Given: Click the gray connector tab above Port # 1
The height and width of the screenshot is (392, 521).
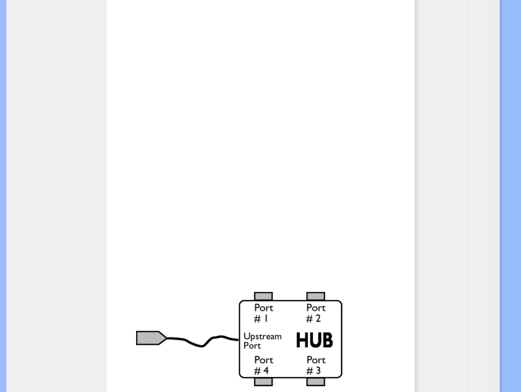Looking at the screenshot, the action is click(x=263, y=296).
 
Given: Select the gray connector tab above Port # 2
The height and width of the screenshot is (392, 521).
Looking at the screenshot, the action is click(x=315, y=296).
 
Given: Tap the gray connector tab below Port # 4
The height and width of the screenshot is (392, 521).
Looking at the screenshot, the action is click(x=263, y=382).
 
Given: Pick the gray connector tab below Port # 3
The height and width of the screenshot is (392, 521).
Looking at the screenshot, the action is click(x=315, y=382).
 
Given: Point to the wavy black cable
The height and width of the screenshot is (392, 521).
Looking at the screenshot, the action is click(x=202, y=342).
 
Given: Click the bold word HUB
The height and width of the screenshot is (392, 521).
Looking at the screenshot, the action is click(x=314, y=340).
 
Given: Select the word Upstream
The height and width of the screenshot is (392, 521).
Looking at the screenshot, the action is click(x=262, y=337).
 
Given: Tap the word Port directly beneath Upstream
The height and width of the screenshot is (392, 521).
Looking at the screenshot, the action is click(x=252, y=346).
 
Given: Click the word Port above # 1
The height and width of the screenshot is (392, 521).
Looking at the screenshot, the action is click(x=264, y=308).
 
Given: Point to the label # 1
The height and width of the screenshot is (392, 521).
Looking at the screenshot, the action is click(x=261, y=319).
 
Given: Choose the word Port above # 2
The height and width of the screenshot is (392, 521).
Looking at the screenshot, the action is click(x=316, y=308).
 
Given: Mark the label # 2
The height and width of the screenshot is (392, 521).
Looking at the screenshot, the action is click(x=313, y=319).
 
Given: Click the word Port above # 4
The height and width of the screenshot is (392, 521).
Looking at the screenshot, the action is click(x=264, y=360).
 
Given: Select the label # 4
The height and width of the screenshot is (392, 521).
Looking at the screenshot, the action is click(x=261, y=371).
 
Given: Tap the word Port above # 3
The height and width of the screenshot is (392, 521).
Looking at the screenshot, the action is click(x=316, y=360).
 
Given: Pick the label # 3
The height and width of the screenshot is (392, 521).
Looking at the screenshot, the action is click(x=313, y=371).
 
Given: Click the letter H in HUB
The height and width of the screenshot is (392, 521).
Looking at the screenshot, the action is click(x=302, y=340).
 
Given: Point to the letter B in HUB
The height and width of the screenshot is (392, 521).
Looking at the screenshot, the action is click(x=327, y=340).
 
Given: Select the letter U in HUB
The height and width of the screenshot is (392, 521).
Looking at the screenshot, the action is click(x=315, y=340).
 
